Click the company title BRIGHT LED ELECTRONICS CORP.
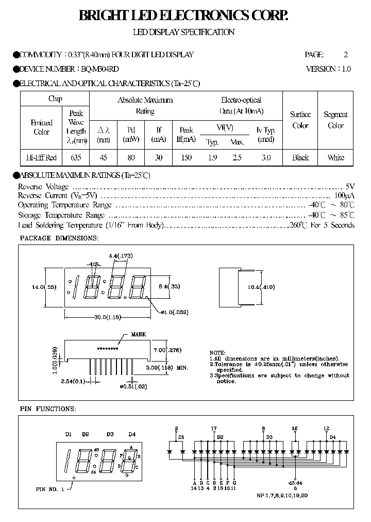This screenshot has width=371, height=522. (x=183, y=16)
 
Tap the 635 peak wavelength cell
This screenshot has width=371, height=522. (x=76, y=158)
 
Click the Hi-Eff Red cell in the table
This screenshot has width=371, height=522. (x=41, y=158)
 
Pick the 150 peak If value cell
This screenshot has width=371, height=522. (x=186, y=158)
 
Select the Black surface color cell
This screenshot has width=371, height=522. (x=300, y=158)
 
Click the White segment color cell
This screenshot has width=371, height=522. (x=335, y=158)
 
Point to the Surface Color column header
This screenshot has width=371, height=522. (x=300, y=120)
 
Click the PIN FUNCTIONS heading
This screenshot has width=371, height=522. (x=48, y=409)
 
